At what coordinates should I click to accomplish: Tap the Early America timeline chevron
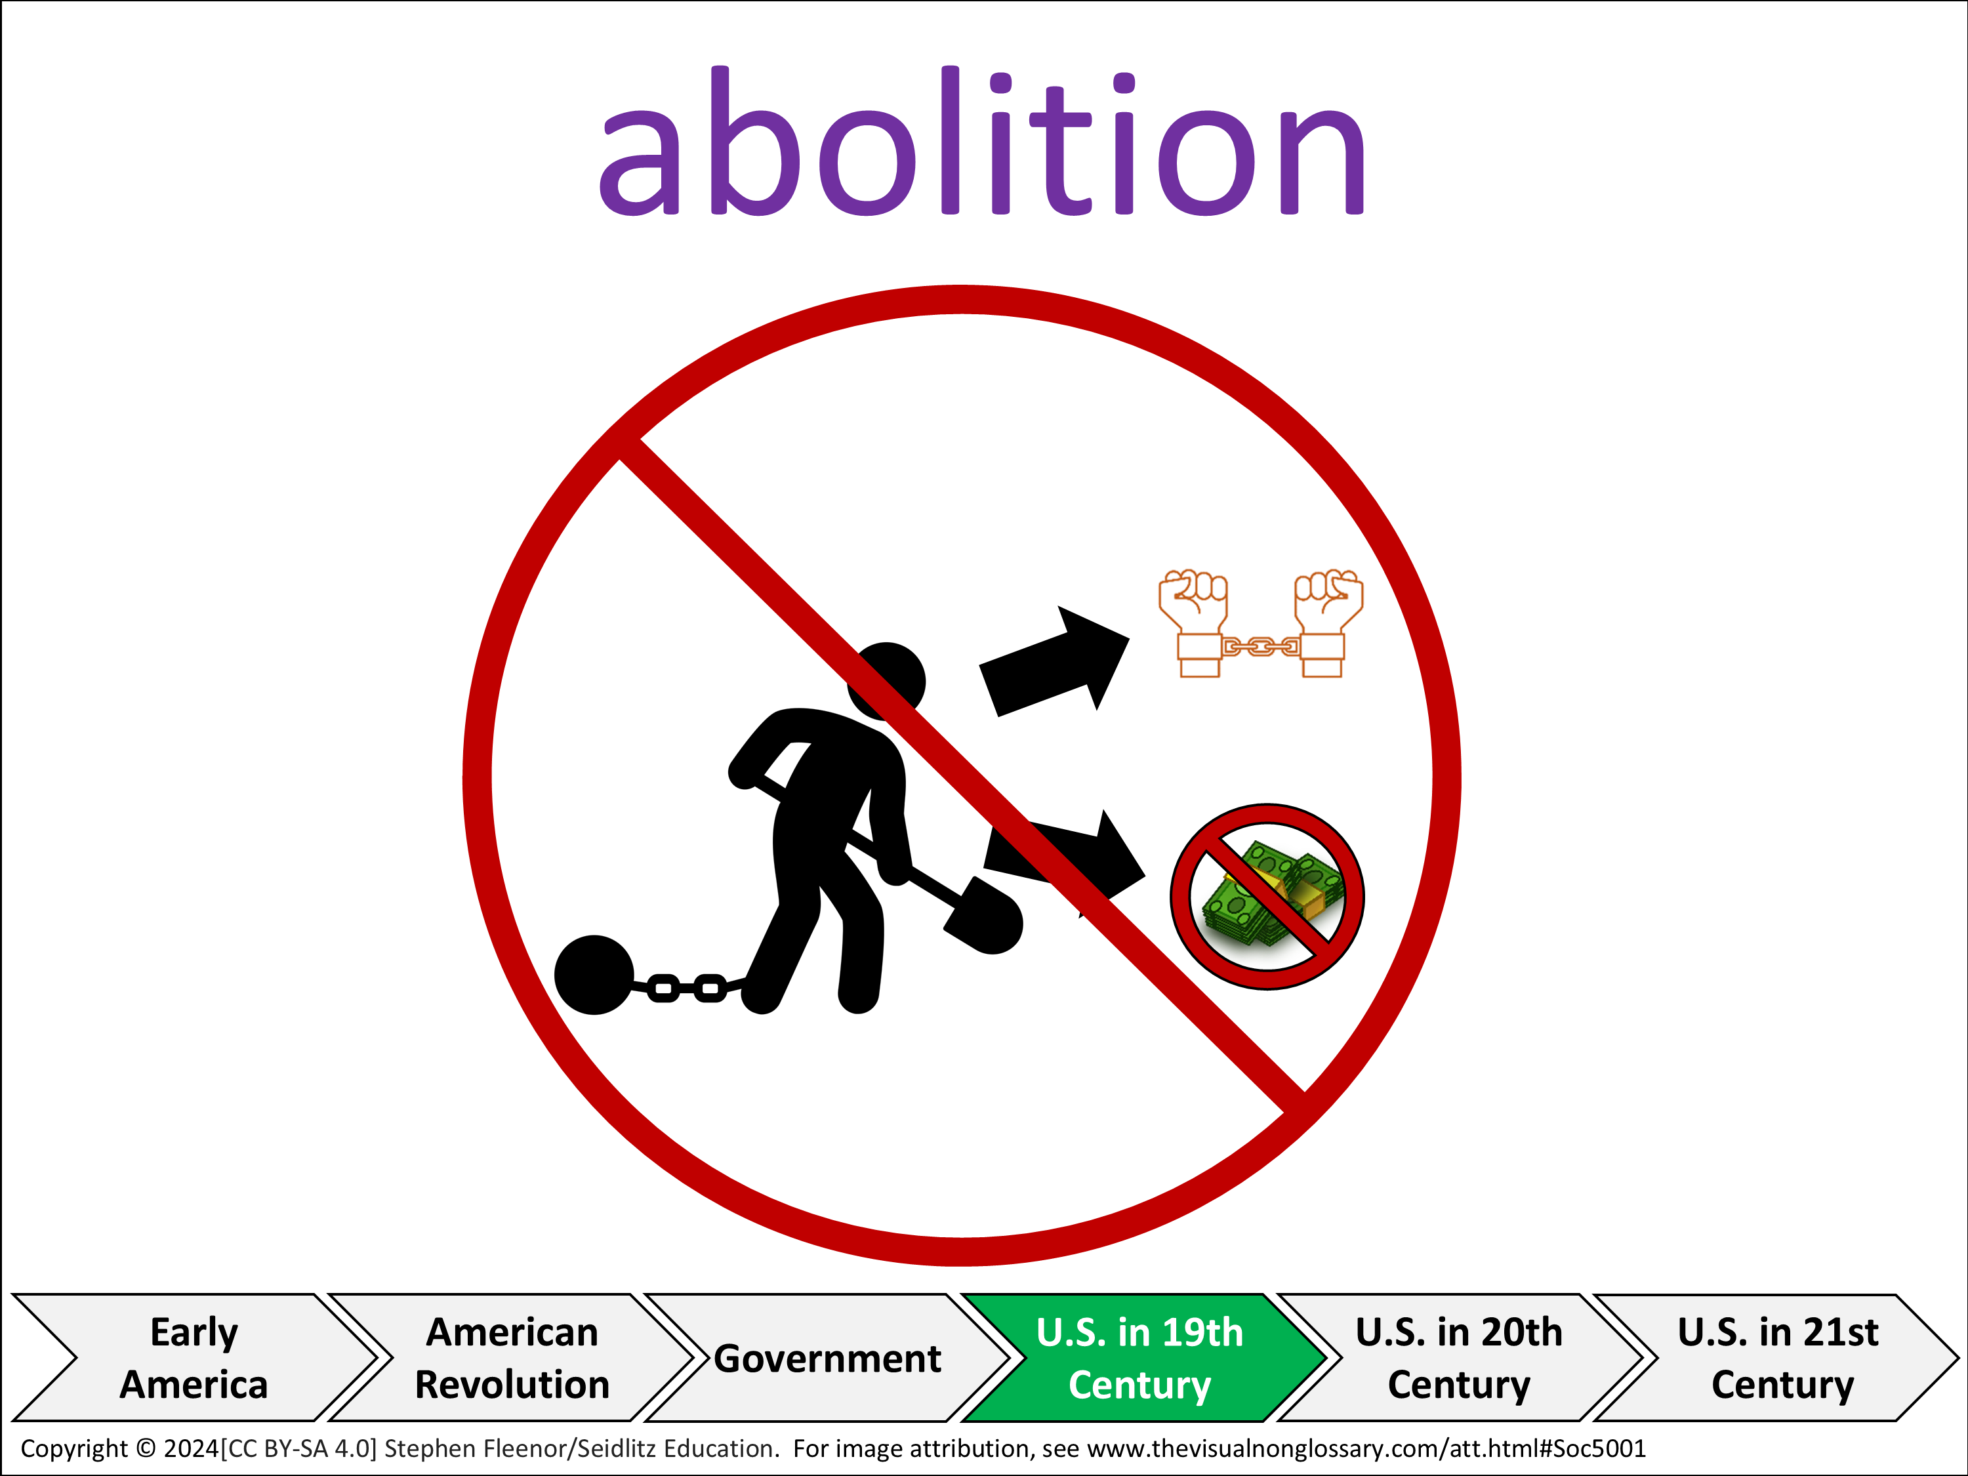click(x=194, y=1358)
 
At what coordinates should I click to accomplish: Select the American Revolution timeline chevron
click(x=512, y=1358)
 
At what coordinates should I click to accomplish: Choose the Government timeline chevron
click(x=827, y=1358)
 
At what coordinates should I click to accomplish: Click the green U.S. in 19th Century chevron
click(x=1143, y=1358)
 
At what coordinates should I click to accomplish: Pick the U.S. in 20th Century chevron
click(x=1459, y=1358)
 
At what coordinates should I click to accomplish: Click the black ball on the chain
click(x=594, y=974)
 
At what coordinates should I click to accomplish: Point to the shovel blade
click(x=984, y=916)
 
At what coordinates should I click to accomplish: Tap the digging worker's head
click(x=886, y=682)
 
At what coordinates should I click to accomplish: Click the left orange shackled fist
click(x=1194, y=623)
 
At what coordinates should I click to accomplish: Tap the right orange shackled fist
click(x=1328, y=623)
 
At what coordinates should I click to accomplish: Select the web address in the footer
click(x=1366, y=1448)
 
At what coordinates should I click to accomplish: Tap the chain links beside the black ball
click(x=687, y=987)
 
